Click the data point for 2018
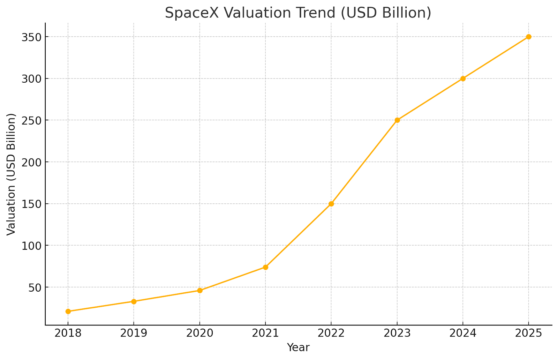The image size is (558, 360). click(x=68, y=311)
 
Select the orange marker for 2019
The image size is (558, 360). click(x=134, y=301)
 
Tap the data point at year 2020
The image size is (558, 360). click(x=199, y=290)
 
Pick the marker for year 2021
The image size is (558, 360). click(x=265, y=267)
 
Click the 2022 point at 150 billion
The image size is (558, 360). click(x=331, y=204)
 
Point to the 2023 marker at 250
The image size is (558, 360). click(x=397, y=120)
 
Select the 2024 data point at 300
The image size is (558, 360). click(x=463, y=78)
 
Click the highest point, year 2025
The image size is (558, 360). click(x=529, y=37)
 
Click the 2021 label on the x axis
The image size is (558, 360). click(x=265, y=333)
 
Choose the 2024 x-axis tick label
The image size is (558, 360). click(x=463, y=333)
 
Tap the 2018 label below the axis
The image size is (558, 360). click(x=68, y=333)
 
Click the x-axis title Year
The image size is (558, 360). click(x=298, y=347)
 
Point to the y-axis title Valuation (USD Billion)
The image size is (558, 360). click(x=11, y=174)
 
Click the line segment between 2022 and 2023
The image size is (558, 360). click(x=364, y=162)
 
